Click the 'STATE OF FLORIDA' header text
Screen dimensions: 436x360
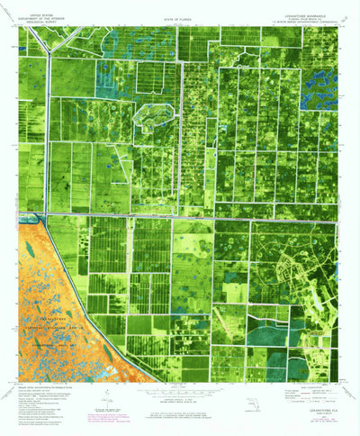[176, 16]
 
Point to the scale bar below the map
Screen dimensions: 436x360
[176, 394]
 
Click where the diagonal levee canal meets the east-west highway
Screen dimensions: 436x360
[36, 217]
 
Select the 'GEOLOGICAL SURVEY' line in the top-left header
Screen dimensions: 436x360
[40, 20]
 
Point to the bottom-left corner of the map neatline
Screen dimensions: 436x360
[19, 382]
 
